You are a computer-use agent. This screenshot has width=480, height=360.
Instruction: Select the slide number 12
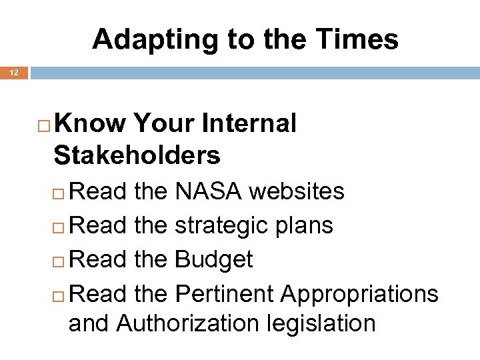[x=14, y=72]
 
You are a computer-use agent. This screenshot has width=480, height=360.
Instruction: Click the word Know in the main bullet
[x=90, y=123]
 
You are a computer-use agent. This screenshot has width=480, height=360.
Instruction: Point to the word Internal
[x=249, y=123]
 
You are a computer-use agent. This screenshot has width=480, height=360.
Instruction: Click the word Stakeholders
[x=137, y=155]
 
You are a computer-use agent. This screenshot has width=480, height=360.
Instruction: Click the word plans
[x=305, y=226]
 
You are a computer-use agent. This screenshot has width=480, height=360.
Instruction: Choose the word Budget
[x=213, y=259]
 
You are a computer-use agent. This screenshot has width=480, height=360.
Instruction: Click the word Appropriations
[x=360, y=293]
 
